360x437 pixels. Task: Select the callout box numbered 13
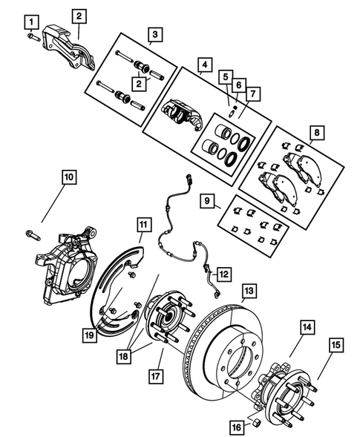[x=248, y=290]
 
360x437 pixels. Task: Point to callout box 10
[x=68, y=177]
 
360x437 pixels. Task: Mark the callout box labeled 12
[x=223, y=273]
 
